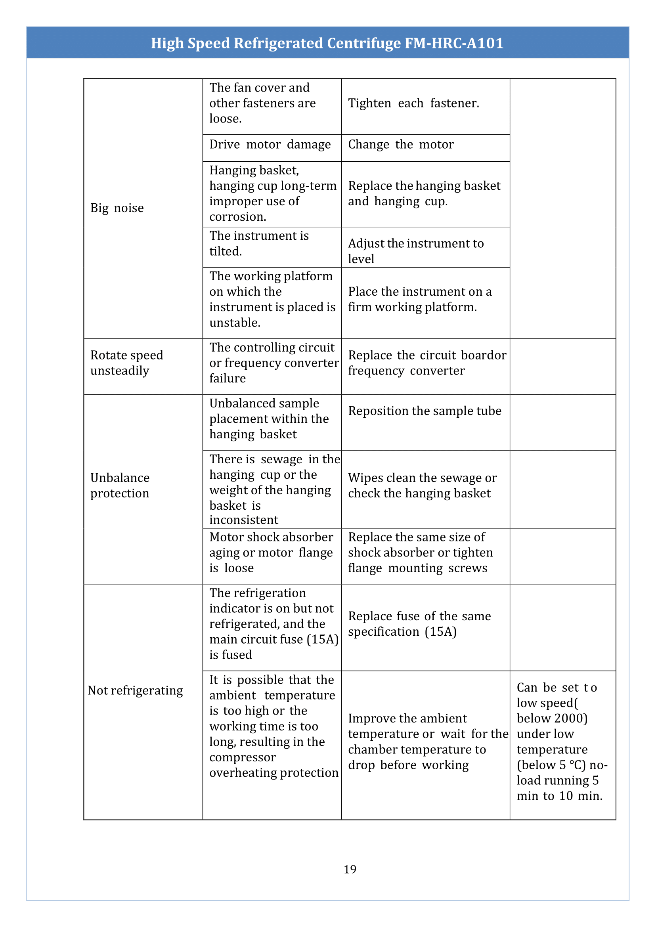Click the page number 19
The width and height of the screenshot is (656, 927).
coord(350,869)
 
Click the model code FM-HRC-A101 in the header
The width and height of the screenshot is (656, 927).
coord(454,43)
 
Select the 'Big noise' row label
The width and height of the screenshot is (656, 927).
coord(117,208)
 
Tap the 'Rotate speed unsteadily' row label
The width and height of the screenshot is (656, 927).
coord(126,363)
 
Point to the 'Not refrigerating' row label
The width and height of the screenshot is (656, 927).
coord(135,691)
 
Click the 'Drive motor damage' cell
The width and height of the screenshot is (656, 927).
coord(270,145)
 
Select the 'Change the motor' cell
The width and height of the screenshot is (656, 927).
coord(401,145)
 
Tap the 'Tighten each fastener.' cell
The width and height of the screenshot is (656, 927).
coord(414,103)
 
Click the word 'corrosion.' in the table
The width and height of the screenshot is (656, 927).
coord(237,217)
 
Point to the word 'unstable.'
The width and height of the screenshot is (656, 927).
coord(235,323)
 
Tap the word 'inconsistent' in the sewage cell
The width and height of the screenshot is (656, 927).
coord(244,520)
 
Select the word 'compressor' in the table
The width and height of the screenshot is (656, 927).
coord(242,757)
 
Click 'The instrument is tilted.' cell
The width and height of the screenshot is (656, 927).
coord(259,244)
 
